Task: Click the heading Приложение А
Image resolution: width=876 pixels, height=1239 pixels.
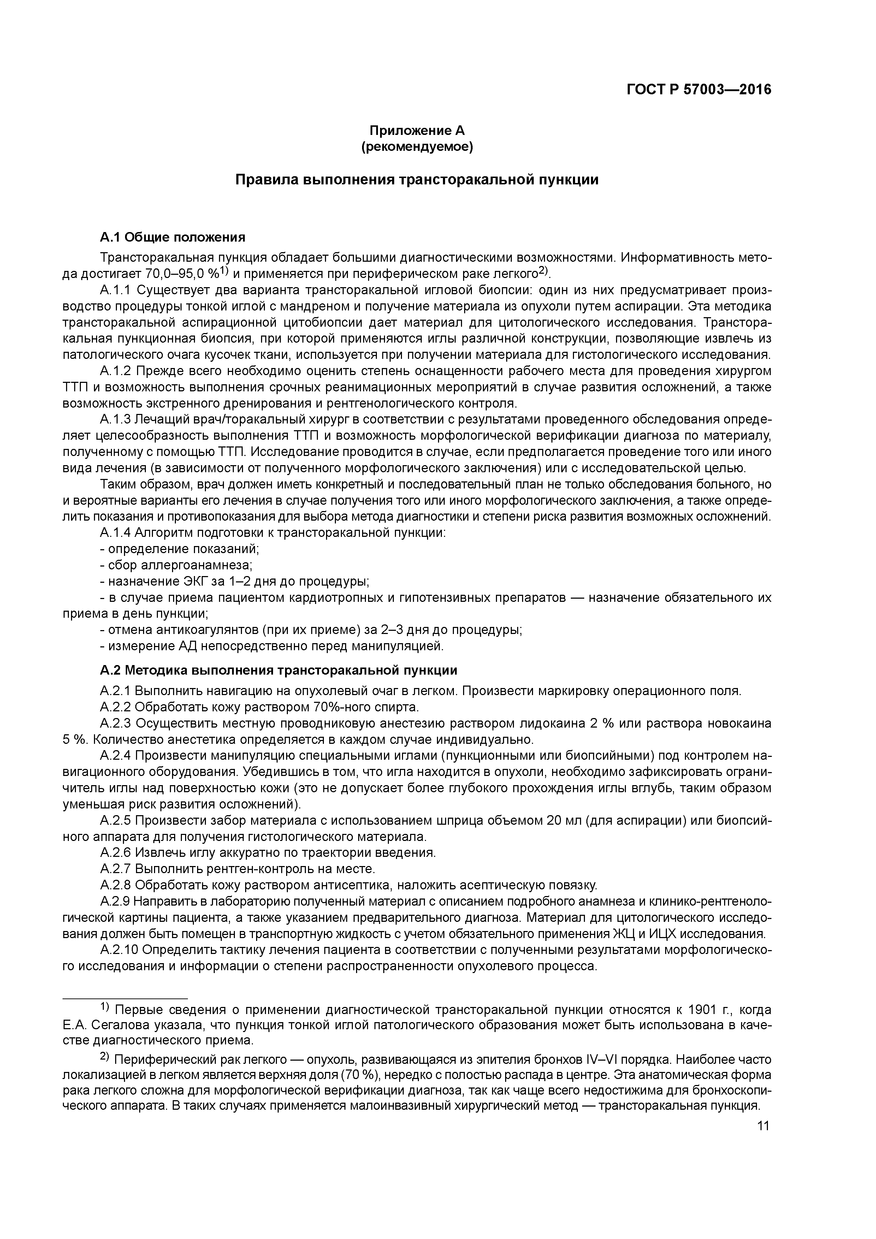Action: tap(417, 131)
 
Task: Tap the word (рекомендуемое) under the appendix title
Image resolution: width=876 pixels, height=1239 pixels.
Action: tap(417, 147)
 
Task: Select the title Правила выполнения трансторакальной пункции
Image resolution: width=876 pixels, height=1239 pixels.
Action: tap(417, 180)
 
